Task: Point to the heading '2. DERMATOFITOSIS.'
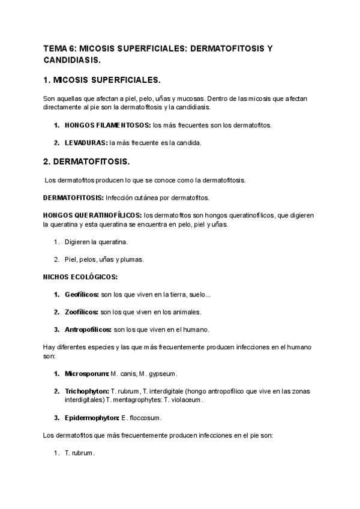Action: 86,162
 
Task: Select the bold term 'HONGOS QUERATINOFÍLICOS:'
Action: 92,215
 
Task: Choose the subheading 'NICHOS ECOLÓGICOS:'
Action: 80,277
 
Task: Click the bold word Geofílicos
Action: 82,295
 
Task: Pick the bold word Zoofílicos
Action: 82,312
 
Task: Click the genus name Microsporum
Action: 86,373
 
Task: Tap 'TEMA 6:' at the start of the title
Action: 59,49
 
